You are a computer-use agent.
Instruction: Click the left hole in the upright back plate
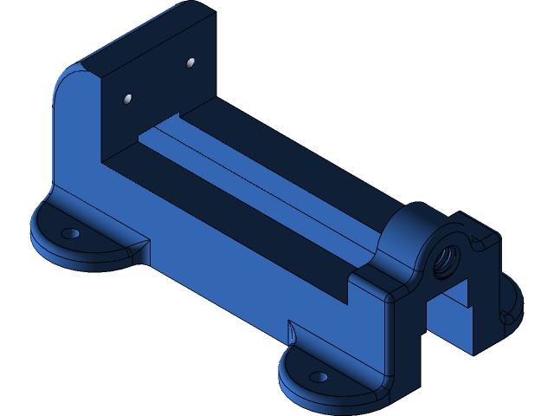click(x=128, y=100)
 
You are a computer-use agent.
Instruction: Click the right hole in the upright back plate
click(x=190, y=62)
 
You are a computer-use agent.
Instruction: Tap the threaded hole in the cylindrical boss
click(x=448, y=258)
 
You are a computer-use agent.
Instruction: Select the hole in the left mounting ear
click(x=71, y=233)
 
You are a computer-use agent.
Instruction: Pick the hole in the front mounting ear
click(x=319, y=378)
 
